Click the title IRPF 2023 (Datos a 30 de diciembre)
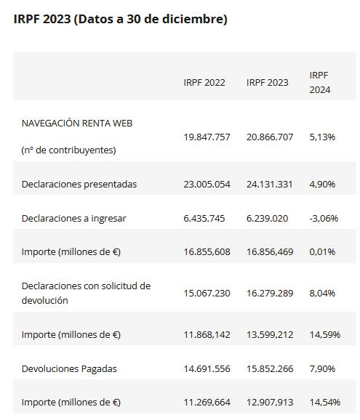click(x=120, y=20)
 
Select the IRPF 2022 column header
click(x=204, y=83)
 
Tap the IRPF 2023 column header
click(x=267, y=83)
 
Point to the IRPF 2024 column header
click(x=320, y=83)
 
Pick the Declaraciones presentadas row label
click(x=79, y=185)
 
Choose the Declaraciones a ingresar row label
click(x=73, y=218)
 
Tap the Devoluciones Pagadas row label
click(x=69, y=369)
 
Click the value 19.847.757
click(x=207, y=137)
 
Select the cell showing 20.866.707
click(x=270, y=137)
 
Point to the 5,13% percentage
click(x=322, y=137)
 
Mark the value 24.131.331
click(x=270, y=185)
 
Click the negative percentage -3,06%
click(x=324, y=218)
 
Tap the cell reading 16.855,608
click(x=207, y=252)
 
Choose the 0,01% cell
click(x=322, y=252)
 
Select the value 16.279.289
click(x=270, y=294)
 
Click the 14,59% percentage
click(x=325, y=334)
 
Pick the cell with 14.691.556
click(x=207, y=369)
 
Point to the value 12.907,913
click(x=270, y=402)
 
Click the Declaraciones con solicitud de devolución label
click(x=86, y=293)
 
